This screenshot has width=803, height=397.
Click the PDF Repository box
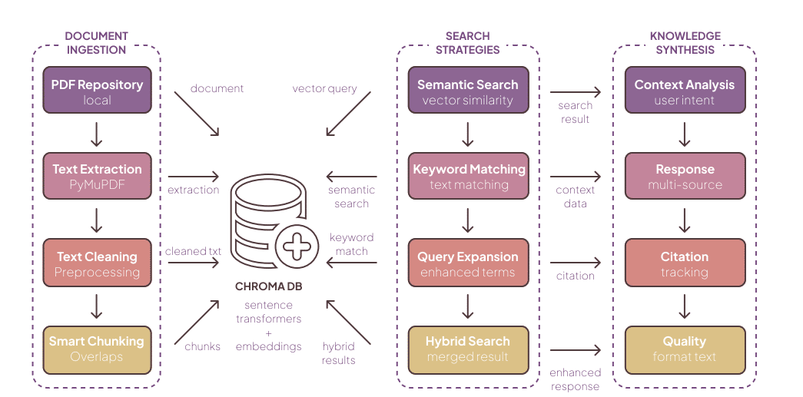[97, 91]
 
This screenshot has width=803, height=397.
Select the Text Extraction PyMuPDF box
[97, 176]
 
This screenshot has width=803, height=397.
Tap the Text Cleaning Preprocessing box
[97, 263]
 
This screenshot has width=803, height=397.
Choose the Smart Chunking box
[97, 348]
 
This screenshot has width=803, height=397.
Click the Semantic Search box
[467, 91]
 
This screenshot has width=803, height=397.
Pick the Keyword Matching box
[469, 176]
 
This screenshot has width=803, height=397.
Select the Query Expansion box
[467, 263]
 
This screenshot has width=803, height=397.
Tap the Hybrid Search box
[467, 348]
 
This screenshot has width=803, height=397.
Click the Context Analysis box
[684, 91]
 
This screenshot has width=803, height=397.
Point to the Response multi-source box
[684, 176]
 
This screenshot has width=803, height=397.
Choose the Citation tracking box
[684, 263]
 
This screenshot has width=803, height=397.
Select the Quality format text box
[684, 348]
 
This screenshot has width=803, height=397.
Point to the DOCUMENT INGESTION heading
[95, 43]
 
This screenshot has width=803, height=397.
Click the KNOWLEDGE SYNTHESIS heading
[685, 43]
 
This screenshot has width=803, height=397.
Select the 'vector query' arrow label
[324, 88]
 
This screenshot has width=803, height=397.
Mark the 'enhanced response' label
[575, 379]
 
